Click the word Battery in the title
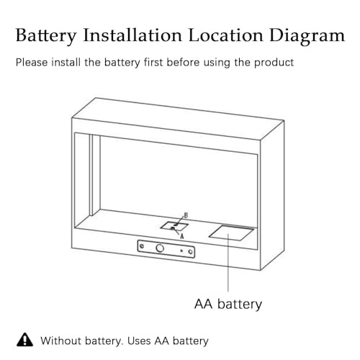click(x=46, y=36)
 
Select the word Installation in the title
click(x=132, y=35)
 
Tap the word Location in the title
click(x=225, y=35)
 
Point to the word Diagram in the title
click(x=307, y=36)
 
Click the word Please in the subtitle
click(x=32, y=63)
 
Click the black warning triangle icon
click(x=24, y=340)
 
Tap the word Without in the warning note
click(x=60, y=341)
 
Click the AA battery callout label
click(x=228, y=305)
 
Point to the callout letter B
click(x=186, y=215)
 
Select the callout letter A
click(x=182, y=236)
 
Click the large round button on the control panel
click(x=160, y=248)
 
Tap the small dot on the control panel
click(x=181, y=251)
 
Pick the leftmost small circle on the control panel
click(x=142, y=246)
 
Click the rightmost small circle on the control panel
click(x=190, y=252)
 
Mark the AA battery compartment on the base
click(x=232, y=233)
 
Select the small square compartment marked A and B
click(x=174, y=226)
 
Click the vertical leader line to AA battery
click(x=228, y=263)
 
